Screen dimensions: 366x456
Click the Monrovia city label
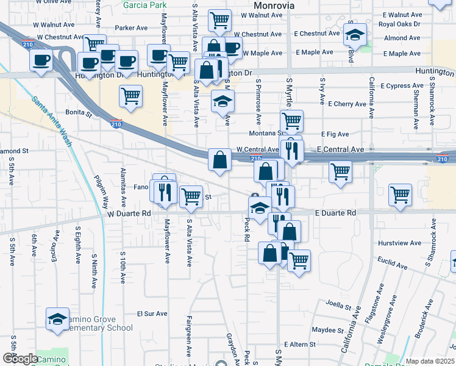pos(274,5)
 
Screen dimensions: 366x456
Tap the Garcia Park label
pos(144,5)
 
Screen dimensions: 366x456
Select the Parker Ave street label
pos(132,28)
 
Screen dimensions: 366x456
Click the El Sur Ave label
pos(152,314)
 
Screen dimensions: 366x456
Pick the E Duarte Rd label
pos(335,213)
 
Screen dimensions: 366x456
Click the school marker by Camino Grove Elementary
pos(57,318)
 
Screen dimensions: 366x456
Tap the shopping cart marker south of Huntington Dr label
pos(131,95)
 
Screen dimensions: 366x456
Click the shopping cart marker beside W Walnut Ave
pos(219,20)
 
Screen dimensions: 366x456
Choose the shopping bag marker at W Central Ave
pos(219,160)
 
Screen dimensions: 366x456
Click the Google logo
pos(20,359)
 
